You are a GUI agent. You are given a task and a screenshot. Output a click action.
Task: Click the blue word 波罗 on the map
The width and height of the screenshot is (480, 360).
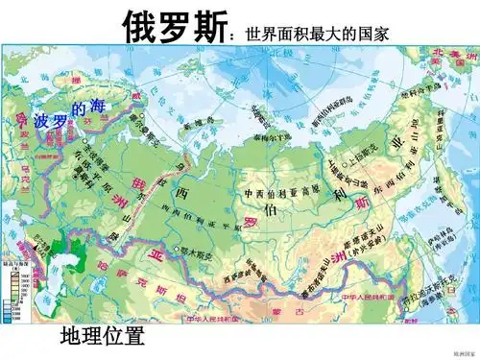pos(50,122)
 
